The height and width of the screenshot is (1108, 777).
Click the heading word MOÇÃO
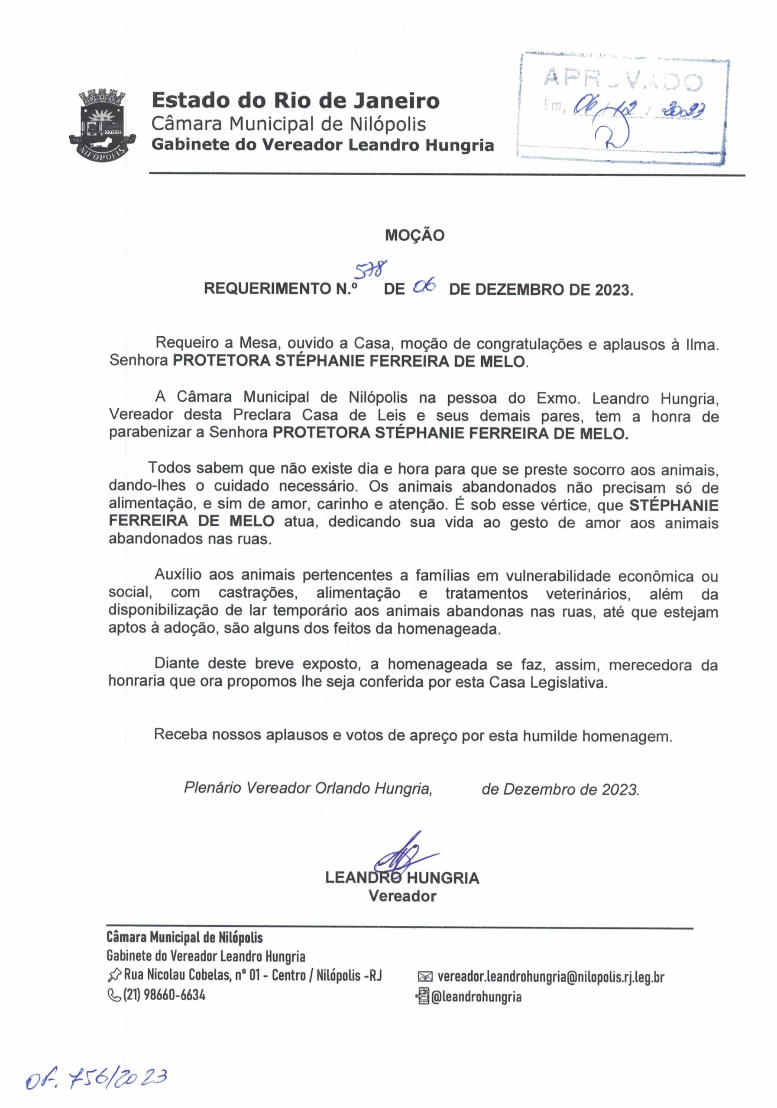[x=414, y=235]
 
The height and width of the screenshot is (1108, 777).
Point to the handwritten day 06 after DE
[x=425, y=288]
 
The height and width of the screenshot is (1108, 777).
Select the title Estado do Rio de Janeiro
[x=295, y=101]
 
